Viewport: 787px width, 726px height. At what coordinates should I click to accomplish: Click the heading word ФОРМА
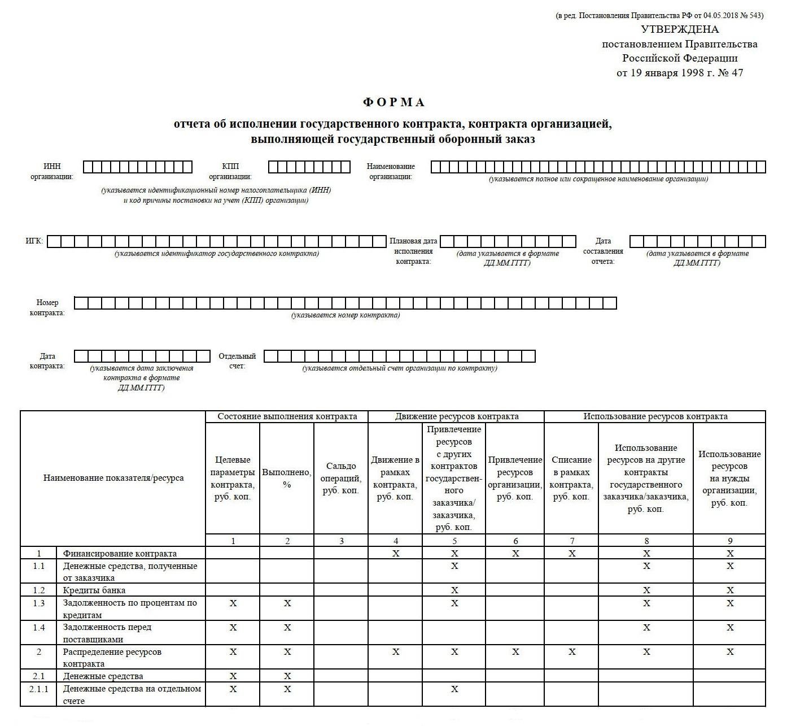point(393,102)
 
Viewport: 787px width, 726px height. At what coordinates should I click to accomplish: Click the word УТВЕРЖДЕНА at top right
point(680,29)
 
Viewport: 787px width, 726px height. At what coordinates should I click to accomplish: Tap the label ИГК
point(34,241)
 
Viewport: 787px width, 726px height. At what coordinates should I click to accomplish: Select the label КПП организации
point(230,171)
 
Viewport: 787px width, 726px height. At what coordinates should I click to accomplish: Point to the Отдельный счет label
point(237,361)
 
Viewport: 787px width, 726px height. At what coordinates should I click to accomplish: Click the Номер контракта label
point(47,307)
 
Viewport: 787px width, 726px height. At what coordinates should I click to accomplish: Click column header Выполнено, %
point(287,478)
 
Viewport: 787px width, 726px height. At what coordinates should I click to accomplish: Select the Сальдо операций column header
point(341,478)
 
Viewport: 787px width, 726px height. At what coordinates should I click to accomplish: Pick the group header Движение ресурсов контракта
point(456,416)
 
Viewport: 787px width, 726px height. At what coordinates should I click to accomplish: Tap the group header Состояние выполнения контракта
point(287,416)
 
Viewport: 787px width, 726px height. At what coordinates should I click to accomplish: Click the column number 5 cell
point(454,541)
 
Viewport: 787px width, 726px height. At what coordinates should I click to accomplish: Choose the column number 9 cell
point(730,541)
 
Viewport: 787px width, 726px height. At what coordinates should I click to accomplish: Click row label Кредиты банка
point(94,590)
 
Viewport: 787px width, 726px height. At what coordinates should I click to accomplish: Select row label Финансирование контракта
point(120,554)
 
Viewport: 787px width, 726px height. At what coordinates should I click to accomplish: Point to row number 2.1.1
point(38,689)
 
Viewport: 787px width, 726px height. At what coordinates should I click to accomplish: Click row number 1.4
point(38,627)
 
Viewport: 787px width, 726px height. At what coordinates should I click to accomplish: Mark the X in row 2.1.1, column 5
point(454,689)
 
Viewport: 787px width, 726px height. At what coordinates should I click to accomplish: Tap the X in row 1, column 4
point(396,554)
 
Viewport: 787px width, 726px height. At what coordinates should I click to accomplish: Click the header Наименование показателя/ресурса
point(113,478)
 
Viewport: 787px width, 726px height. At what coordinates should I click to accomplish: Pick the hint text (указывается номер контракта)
point(346,315)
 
